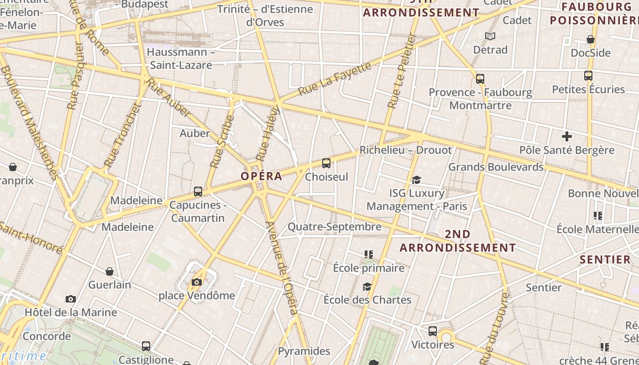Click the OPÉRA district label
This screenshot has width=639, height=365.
click(262, 176)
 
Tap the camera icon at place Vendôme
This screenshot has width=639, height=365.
click(197, 282)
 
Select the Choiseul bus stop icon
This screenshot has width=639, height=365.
click(326, 163)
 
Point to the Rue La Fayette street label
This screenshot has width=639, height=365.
click(335, 79)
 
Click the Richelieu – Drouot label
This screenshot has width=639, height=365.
click(406, 150)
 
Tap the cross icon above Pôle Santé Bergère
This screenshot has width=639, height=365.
click(567, 136)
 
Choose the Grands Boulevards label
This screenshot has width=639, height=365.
click(496, 167)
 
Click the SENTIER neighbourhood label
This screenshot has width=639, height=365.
click(605, 260)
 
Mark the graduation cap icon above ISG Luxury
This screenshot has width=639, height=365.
click(416, 180)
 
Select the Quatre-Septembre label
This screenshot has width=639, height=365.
click(335, 227)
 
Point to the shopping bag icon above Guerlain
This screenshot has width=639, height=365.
click(110, 271)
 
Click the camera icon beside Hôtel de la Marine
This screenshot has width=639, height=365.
click(71, 299)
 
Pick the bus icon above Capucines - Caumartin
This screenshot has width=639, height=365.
click(198, 191)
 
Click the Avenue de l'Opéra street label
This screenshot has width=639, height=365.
click(283, 268)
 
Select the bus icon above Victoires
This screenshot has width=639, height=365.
click(433, 331)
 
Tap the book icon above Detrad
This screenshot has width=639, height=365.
click(490, 36)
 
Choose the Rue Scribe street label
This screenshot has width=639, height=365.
click(222, 141)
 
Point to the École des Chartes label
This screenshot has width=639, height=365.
click(367, 300)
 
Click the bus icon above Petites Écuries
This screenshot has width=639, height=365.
click(588, 75)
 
